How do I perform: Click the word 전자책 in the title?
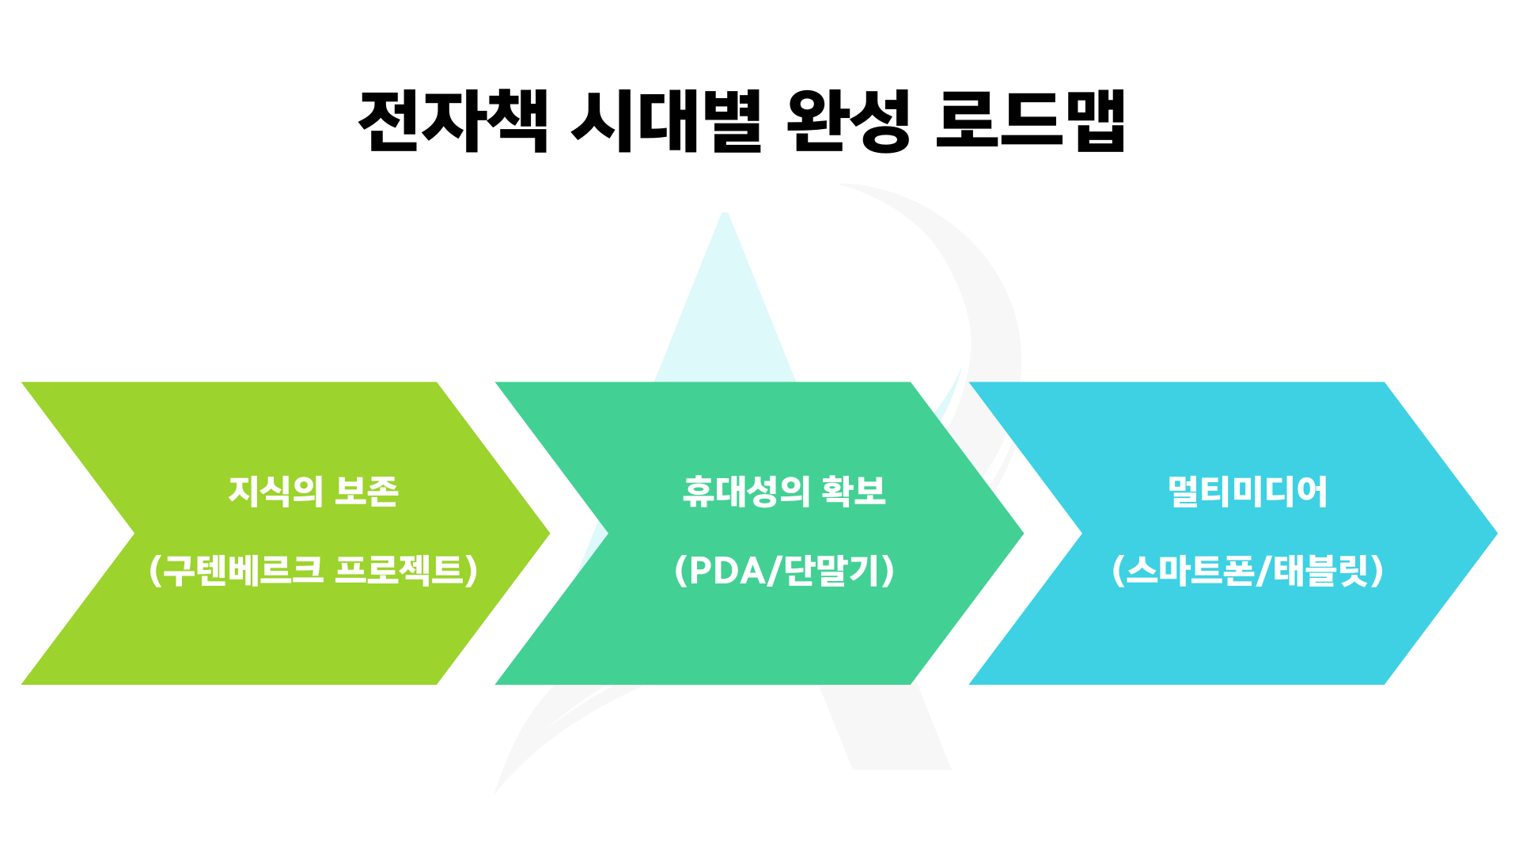(x=453, y=121)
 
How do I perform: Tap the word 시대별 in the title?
(x=666, y=121)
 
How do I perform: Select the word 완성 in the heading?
(x=849, y=121)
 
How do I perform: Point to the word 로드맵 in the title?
(x=1030, y=121)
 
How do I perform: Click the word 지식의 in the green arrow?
(x=275, y=492)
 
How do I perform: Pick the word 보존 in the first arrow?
(x=366, y=492)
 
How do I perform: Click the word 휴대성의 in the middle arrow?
(x=746, y=492)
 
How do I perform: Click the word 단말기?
(x=831, y=571)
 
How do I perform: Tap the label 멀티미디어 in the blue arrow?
(x=1248, y=492)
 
